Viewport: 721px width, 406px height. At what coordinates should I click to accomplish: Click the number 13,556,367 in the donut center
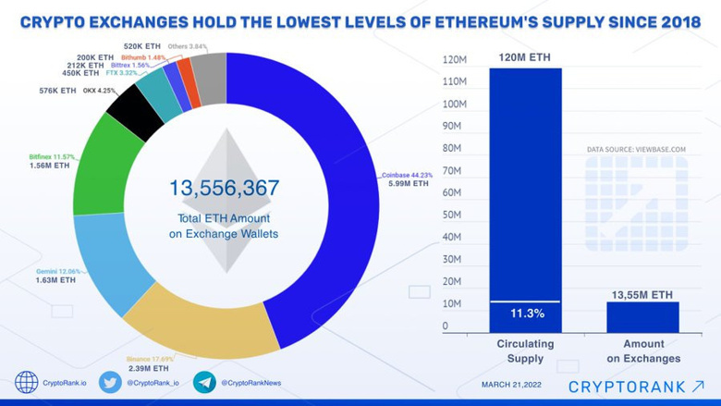224,188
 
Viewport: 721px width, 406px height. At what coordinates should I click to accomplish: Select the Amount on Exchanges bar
642,317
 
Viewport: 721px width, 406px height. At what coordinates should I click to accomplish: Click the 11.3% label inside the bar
524,314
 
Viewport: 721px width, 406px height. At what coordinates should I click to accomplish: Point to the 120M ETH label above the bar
524,57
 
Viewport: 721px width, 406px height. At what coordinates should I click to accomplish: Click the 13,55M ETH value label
642,294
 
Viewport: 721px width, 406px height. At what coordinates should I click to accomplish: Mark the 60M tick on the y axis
452,192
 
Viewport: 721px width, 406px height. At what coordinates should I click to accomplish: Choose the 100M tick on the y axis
452,104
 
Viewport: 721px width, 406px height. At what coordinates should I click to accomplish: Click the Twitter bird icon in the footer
110,382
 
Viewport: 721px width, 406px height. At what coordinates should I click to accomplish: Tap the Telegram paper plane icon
204,382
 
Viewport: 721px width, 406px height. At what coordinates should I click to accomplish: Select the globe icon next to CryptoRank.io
27,382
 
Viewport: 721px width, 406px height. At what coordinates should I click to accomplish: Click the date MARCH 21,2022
513,383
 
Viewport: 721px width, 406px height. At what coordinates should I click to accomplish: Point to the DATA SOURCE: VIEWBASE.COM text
636,149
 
